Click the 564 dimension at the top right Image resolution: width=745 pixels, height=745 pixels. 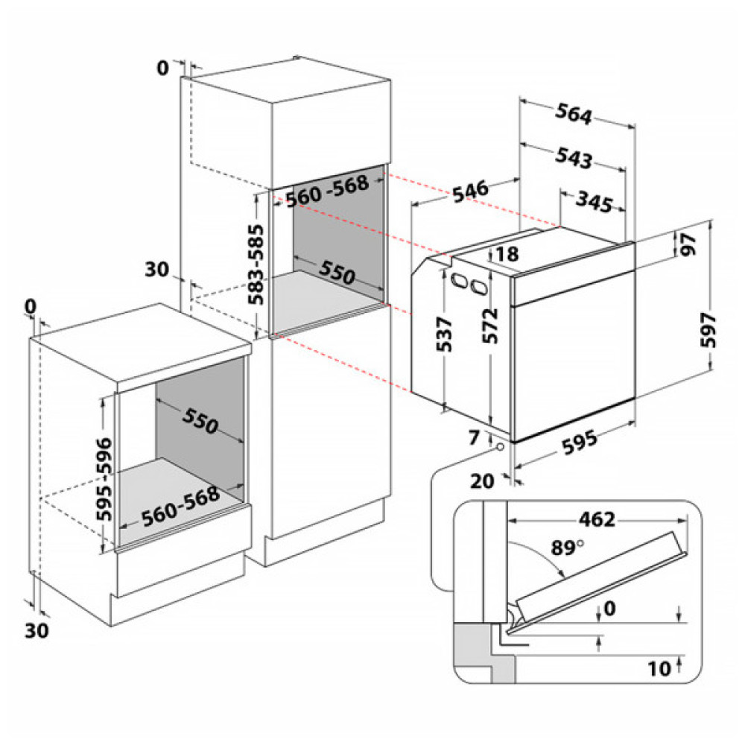coord(574,115)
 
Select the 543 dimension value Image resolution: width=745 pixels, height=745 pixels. coord(574,158)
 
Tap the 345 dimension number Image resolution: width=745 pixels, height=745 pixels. coord(594,202)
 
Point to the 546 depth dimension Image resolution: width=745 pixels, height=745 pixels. coord(469,191)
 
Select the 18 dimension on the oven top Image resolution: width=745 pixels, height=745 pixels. coord(506,254)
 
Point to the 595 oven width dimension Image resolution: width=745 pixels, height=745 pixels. coord(578,443)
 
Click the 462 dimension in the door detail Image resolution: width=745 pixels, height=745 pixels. coord(596,519)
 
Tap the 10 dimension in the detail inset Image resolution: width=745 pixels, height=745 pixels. coord(659,668)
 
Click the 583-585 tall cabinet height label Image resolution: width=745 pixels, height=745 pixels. coord(256,261)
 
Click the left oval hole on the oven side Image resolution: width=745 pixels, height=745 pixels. coord(457,281)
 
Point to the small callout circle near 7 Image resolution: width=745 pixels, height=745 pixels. coord(498,446)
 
